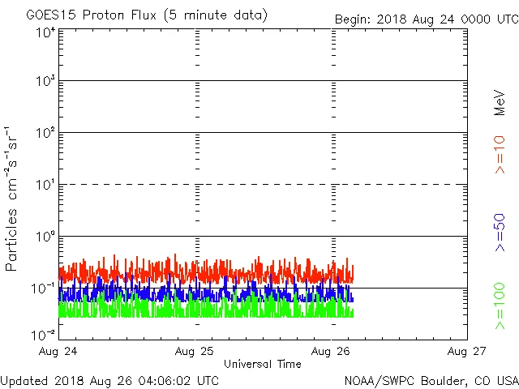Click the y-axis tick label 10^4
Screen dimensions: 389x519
[x=45, y=32]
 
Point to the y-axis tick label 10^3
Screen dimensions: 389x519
[x=45, y=82]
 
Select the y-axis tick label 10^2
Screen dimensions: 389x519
[x=45, y=134]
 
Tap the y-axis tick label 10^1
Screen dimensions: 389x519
[x=45, y=186]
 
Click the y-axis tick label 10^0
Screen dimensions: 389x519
[x=45, y=237]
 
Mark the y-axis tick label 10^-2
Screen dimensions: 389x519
[x=44, y=335]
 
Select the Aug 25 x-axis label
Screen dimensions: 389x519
[x=196, y=352]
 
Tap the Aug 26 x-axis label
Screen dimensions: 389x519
[x=332, y=352]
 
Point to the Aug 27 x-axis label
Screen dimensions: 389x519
[x=467, y=352]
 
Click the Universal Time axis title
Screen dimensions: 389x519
[x=263, y=364]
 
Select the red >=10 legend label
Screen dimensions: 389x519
[x=500, y=154]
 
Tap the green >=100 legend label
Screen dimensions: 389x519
[x=500, y=306]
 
